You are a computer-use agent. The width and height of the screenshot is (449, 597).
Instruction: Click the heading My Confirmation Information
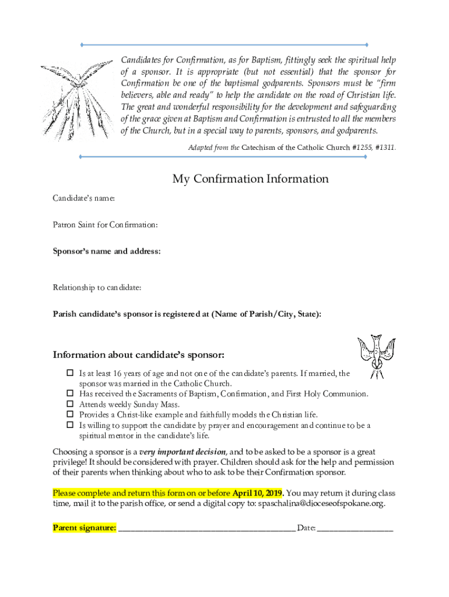tap(250, 179)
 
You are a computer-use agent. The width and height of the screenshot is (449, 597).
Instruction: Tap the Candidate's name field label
tap(83, 199)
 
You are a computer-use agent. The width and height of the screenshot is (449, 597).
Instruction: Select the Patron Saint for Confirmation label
tap(106, 224)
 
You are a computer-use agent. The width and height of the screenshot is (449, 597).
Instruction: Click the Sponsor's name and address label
tap(107, 251)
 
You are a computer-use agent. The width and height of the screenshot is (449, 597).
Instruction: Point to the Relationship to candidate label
tap(97, 287)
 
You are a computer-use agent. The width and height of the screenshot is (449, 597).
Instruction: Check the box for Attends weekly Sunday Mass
tap(69, 404)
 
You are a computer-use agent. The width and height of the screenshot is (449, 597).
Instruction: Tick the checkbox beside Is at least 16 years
tap(69, 373)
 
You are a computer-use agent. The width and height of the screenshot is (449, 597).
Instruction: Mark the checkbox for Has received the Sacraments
tap(69, 394)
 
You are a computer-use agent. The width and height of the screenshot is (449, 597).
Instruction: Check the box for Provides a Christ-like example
tap(69, 415)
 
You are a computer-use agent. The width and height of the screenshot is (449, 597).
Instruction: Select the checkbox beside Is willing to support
tap(69, 425)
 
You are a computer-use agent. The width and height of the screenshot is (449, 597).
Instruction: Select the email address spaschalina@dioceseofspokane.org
tap(321, 503)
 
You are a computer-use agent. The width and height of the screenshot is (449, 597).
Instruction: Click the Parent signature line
tap(206, 529)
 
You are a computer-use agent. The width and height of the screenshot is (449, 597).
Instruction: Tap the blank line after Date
tap(355, 529)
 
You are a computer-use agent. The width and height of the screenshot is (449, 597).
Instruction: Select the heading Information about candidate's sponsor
tap(139, 355)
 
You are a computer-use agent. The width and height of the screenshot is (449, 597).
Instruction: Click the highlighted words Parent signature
tap(84, 528)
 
